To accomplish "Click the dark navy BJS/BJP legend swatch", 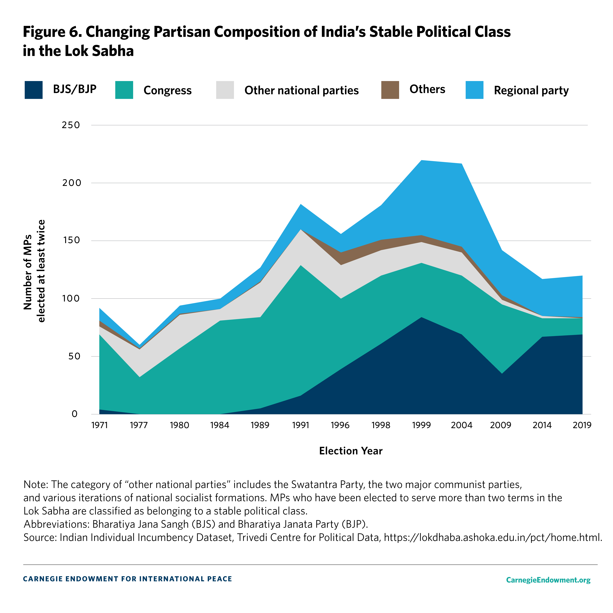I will pos(34,90).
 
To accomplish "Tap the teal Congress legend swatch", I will pos(124,90).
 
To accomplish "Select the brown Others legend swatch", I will pos(390,90).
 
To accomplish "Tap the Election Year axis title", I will pos(351,451).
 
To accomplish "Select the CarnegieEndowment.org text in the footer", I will pos(548,580).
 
